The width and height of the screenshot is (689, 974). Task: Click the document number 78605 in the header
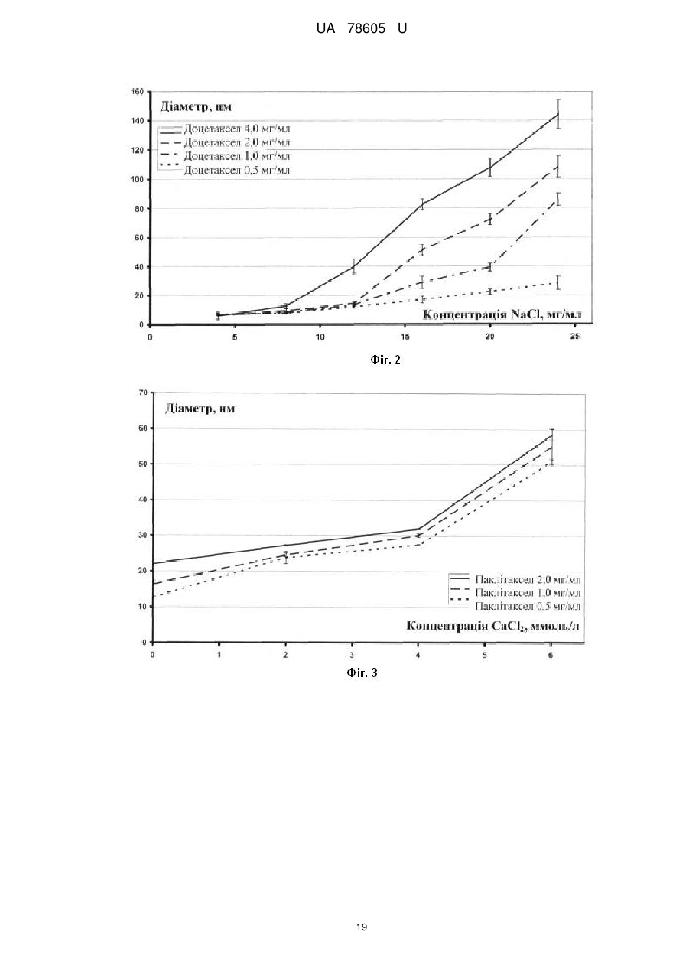click(x=366, y=29)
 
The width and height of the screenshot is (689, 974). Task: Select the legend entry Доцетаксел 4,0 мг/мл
click(x=237, y=129)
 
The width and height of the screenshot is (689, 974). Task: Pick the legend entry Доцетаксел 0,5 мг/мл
click(x=237, y=170)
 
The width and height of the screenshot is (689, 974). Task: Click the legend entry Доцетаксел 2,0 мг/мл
click(x=237, y=142)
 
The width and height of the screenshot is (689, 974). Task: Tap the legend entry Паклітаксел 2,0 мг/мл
click(x=528, y=579)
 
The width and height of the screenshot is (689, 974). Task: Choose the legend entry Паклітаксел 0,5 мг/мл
click(x=528, y=606)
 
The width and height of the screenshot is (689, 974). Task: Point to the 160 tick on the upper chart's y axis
click(x=137, y=91)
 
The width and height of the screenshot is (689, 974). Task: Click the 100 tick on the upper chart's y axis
click(x=137, y=179)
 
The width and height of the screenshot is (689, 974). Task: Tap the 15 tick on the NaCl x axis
click(x=405, y=337)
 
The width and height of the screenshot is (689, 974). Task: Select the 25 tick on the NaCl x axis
click(x=575, y=337)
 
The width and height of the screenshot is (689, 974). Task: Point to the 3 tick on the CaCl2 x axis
click(x=352, y=655)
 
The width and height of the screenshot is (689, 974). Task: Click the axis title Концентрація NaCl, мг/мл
click(x=502, y=314)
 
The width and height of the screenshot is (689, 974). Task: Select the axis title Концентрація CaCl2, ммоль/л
click(x=493, y=626)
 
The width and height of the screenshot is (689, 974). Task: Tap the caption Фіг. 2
click(x=385, y=360)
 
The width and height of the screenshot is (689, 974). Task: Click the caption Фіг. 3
click(x=362, y=673)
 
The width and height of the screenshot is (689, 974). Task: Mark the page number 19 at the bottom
click(x=362, y=927)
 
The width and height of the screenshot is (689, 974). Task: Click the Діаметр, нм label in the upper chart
click(x=196, y=106)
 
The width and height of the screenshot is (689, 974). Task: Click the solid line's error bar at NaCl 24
click(x=558, y=114)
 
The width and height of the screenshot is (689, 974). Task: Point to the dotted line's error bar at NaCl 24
click(x=558, y=282)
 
